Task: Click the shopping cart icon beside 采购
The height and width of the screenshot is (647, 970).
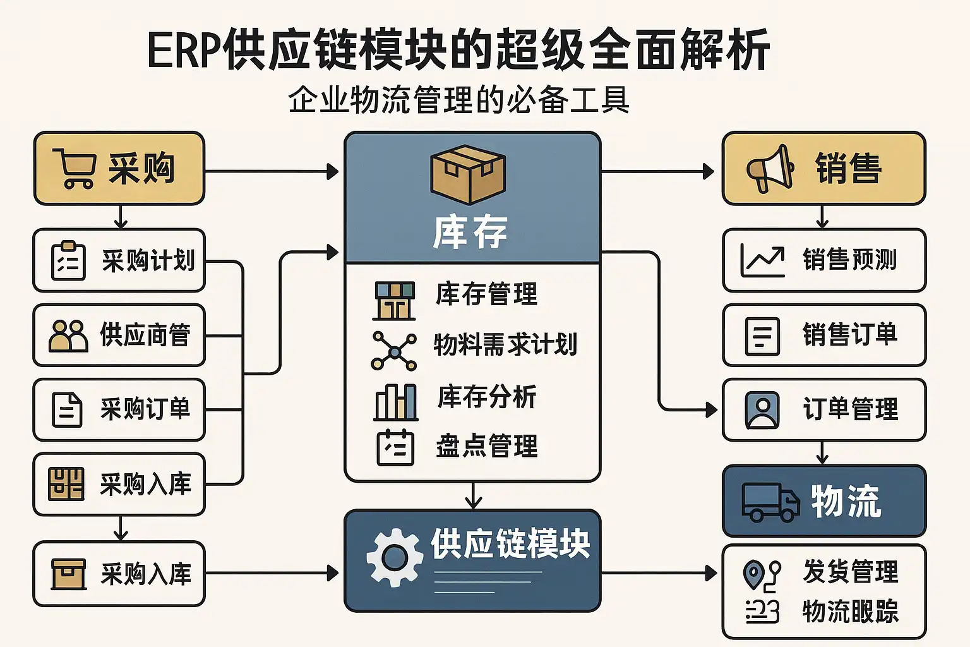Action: pos(75,168)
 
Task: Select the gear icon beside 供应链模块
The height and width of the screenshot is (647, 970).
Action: pos(395,557)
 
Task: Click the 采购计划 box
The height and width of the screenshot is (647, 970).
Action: pos(119,260)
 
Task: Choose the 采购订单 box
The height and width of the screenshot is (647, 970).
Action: pos(119,409)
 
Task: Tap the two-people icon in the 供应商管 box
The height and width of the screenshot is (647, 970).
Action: pos(68,336)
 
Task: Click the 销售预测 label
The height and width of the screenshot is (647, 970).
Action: pos(849,260)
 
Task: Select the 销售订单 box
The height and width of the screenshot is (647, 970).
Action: pos(823,335)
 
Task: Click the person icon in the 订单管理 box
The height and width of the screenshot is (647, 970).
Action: pos(762,409)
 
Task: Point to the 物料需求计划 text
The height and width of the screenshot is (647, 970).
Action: pos(505,345)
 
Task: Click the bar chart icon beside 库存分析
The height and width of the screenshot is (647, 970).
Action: pos(396,402)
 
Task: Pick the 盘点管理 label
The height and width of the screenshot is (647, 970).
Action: pos(487,446)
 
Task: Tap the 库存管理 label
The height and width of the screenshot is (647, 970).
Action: pos(486,294)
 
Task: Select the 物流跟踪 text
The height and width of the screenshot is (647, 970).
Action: pos(850,611)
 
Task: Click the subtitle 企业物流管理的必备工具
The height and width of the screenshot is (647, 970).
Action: pos(458,100)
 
